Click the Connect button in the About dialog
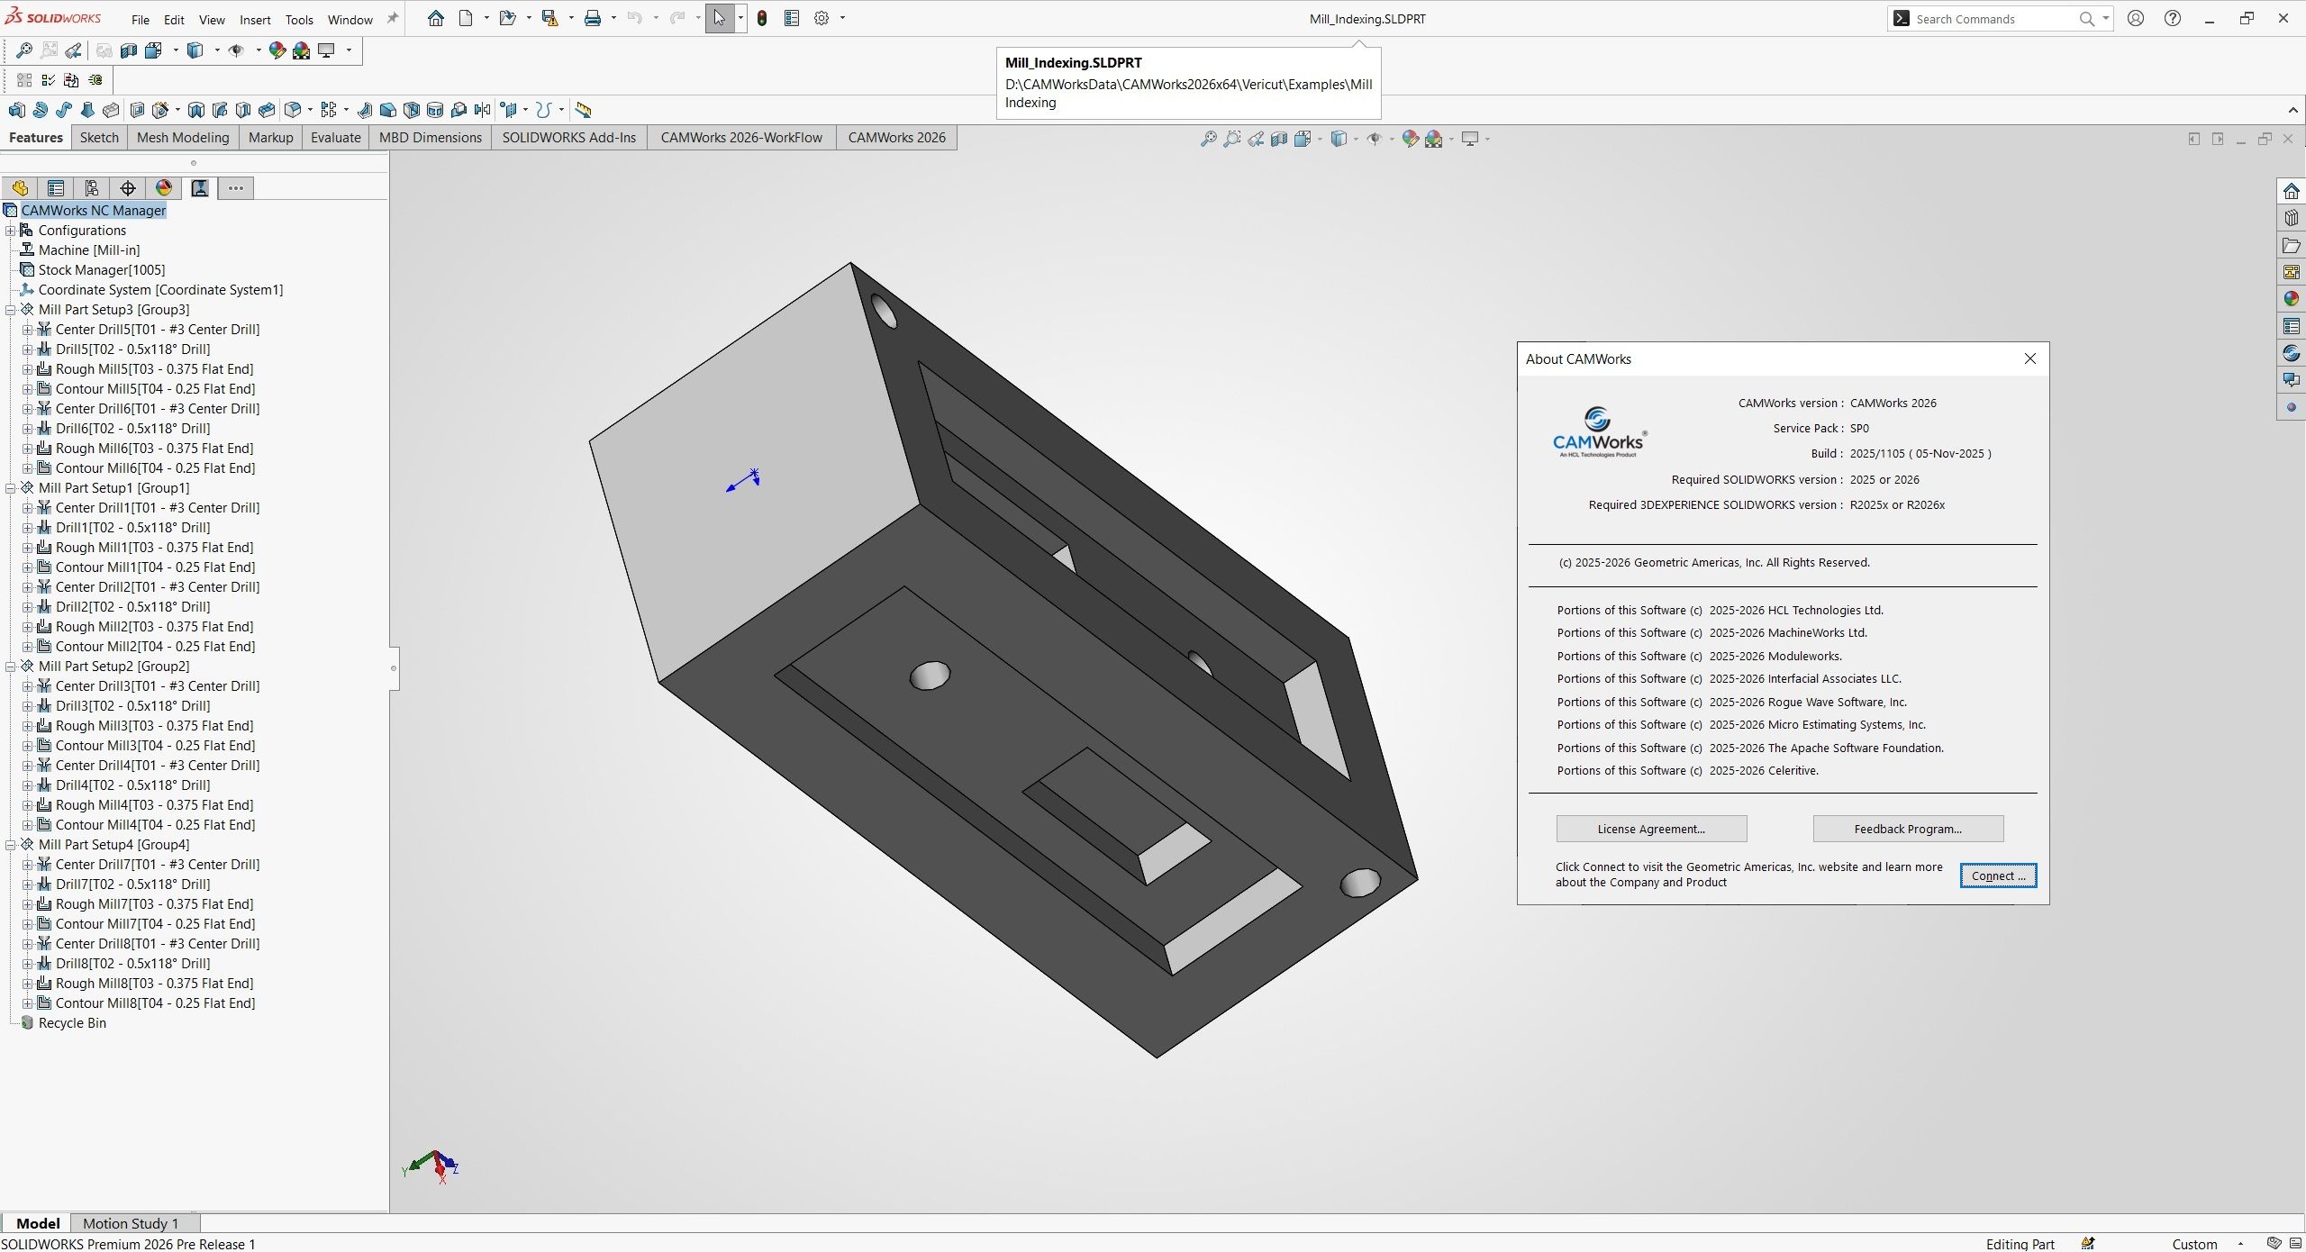click(x=1997, y=875)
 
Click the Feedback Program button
click(x=1907, y=829)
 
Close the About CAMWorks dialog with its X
click(x=2029, y=358)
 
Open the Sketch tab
click(x=99, y=138)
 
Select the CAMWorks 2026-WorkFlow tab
click(x=740, y=138)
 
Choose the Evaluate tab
click(x=335, y=138)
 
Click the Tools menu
click(x=299, y=19)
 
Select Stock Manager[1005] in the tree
click(x=101, y=270)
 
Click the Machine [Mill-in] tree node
click(x=88, y=250)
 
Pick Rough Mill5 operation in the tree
click(x=153, y=369)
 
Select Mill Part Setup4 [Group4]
click(x=113, y=845)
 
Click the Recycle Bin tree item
click(x=72, y=1023)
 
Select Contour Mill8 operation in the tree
click(x=155, y=1003)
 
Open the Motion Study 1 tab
click(x=131, y=1223)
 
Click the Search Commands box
click(x=1991, y=19)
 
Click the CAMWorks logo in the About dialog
click(x=1598, y=432)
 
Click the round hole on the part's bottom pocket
click(x=930, y=675)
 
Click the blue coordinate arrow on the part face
click(x=744, y=481)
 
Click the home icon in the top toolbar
click(x=436, y=18)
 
